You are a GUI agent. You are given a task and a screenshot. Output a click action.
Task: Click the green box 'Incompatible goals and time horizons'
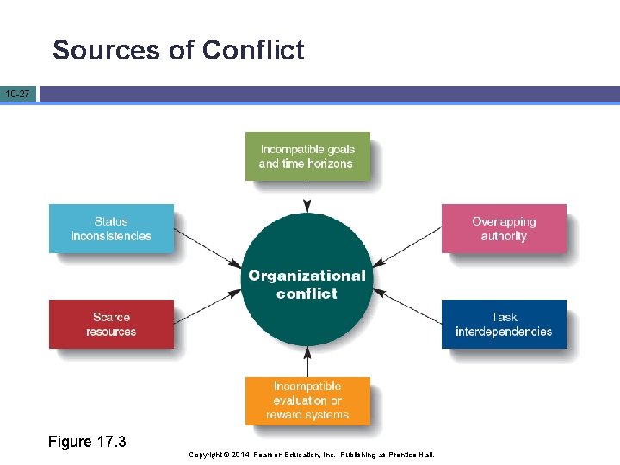coord(307,156)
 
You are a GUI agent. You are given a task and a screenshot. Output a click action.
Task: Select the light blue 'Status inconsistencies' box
coord(111,228)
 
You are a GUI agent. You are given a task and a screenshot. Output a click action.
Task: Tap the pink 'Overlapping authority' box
coord(504,228)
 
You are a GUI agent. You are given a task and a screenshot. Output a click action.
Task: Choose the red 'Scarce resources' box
coord(111,324)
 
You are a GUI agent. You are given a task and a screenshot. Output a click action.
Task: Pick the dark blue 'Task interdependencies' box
coord(504,324)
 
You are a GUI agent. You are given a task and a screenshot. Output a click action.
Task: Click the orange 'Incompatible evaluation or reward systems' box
coord(307,400)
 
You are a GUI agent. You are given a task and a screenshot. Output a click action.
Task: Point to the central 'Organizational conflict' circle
coord(307,284)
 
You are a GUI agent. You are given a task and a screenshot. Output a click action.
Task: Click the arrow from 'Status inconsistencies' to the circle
coord(208,247)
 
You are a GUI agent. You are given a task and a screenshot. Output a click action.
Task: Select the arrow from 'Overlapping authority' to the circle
coord(407,247)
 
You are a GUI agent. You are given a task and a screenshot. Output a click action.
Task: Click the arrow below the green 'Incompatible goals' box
coord(307,196)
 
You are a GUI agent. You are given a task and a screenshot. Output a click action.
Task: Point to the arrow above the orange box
coord(307,363)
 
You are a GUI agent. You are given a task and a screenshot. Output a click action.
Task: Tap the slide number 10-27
coord(17,93)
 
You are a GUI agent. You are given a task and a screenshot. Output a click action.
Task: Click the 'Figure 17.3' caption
coord(87,442)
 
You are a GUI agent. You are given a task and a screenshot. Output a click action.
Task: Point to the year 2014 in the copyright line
coord(240,455)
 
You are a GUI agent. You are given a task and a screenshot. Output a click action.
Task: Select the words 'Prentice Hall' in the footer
coord(412,455)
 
